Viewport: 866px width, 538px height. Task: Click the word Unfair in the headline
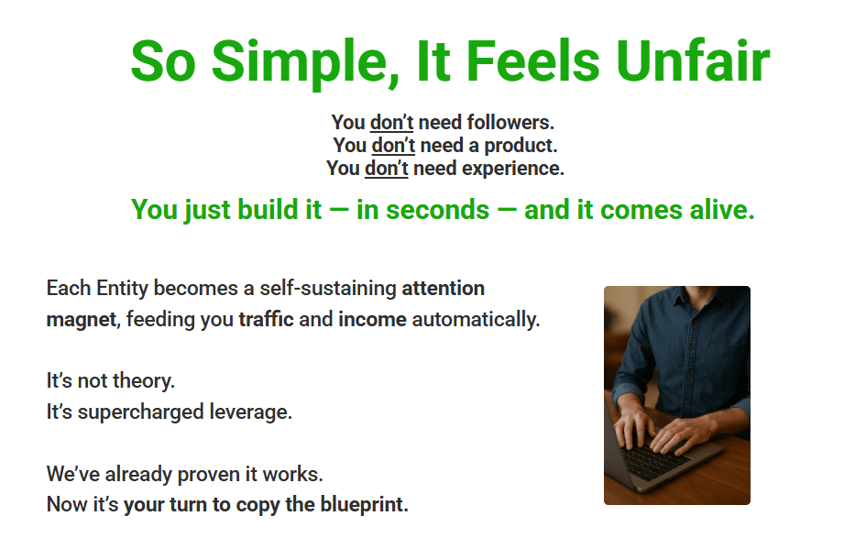tap(693, 60)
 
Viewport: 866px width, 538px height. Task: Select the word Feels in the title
tap(533, 60)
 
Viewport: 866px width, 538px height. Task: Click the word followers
tap(510, 122)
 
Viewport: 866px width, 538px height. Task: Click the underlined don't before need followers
tap(391, 122)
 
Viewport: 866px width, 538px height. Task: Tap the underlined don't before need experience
tap(387, 169)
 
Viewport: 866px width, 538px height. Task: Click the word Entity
tap(122, 289)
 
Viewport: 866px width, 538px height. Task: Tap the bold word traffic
tap(266, 319)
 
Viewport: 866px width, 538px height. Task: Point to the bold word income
tap(372, 319)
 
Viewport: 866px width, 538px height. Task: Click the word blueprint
tap(365, 505)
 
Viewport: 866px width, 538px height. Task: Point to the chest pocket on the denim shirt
tap(725, 360)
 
